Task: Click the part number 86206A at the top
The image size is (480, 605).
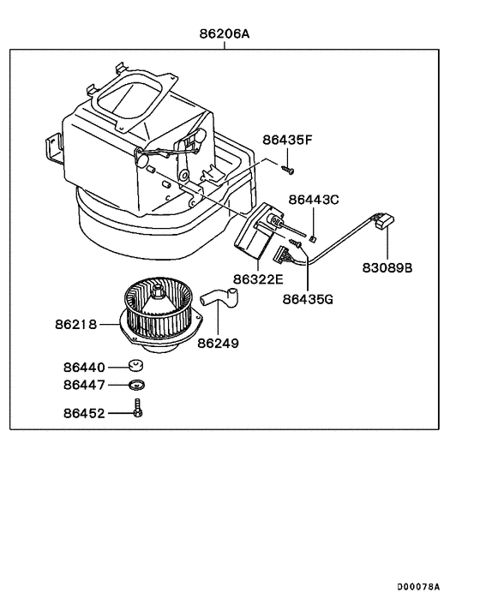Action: point(225,35)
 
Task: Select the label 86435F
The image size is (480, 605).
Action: point(289,138)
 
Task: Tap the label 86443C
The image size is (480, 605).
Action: point(314,199)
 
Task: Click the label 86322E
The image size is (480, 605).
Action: point(256,279)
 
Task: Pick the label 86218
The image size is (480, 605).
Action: point(75,325)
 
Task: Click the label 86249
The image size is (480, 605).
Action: point(218,343)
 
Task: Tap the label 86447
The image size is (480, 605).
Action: point(83,386)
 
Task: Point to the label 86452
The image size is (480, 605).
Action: point(83,413)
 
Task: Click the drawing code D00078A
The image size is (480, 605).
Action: point(417,586)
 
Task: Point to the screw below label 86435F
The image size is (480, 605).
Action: point(290,170)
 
